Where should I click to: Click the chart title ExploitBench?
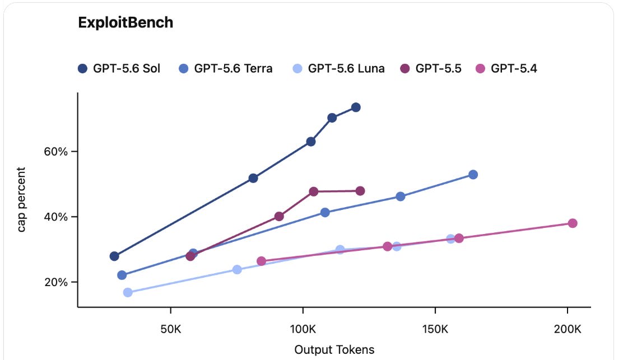[x=125, y=22]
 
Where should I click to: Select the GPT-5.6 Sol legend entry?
[x=119, y=69]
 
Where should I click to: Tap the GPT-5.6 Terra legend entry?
[x=226, y=69]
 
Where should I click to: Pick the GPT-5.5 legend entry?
[x=431, y=69]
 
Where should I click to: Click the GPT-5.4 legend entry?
[x=506, y=69]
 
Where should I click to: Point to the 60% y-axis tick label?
[x=56, y=152]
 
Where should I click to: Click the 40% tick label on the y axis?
[x=56, y=217]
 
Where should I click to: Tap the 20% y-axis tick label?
[x=56, y=282]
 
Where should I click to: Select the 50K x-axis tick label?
[x=171, y=329]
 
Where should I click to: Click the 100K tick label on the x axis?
[x=303, y=329]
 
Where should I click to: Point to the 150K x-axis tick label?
[x=435, y=329]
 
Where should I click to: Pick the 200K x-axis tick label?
[x=568, y=329]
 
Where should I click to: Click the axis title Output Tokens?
[x=334, y=350]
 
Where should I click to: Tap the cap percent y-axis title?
[x=21, y=200]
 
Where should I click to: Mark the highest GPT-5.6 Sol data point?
[x=356, y=107]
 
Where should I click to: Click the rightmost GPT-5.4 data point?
[x=573, y=223]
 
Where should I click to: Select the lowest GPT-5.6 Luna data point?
[x=128, y=292]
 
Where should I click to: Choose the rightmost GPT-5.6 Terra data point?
[x=473, y=175]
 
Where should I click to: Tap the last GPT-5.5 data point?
[x=360, y=191]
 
